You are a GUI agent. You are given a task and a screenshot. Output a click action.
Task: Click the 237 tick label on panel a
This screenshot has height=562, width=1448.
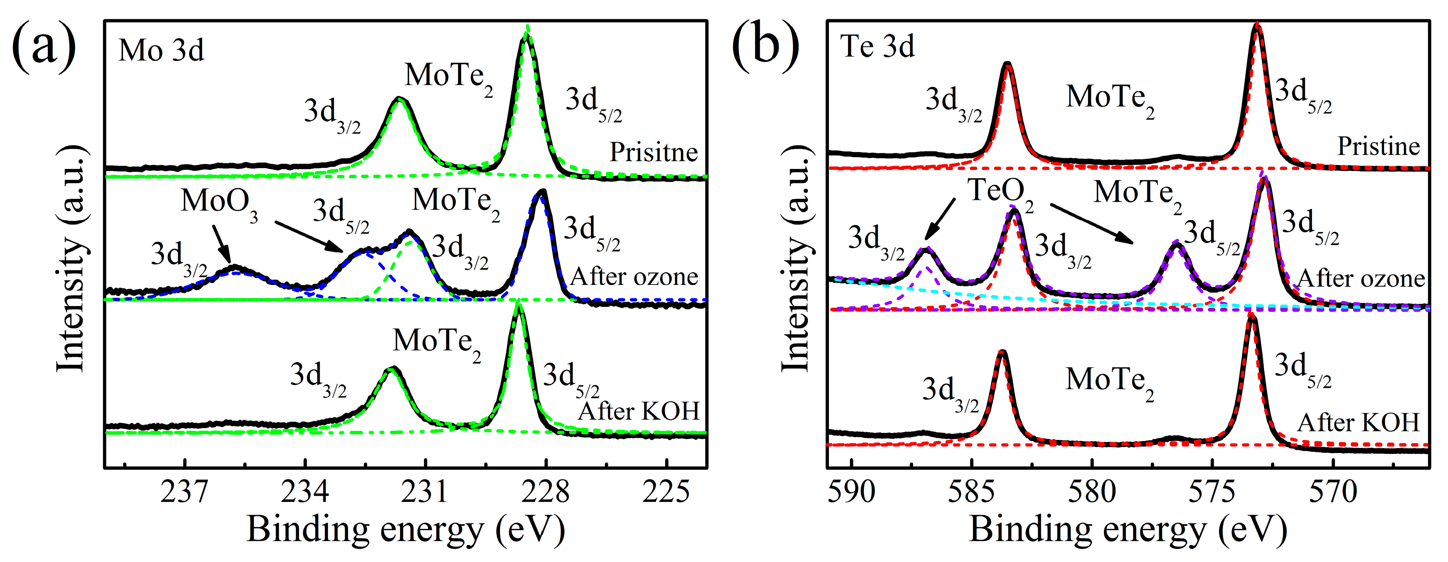[184, 492]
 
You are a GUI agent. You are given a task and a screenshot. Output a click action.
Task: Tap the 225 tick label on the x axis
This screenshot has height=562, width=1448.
[666, 492]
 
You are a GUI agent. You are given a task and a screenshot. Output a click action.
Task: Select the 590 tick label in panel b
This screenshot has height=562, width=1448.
[852, 492]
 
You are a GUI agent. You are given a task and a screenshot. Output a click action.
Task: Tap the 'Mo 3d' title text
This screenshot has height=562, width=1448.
[161, 51]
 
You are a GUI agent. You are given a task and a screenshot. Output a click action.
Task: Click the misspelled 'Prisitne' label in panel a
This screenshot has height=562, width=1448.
[654, 152]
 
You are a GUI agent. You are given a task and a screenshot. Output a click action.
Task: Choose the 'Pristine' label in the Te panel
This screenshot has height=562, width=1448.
[1378, 146]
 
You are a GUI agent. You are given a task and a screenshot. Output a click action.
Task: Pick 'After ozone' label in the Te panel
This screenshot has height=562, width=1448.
[1360, 278]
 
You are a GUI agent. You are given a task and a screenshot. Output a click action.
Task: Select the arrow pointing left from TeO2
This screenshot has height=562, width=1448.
[940, 219]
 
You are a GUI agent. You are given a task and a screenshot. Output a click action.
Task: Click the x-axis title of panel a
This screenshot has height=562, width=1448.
[405, 530]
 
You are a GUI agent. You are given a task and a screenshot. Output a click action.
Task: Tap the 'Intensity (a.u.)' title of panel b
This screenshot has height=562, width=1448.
[797, 259]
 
